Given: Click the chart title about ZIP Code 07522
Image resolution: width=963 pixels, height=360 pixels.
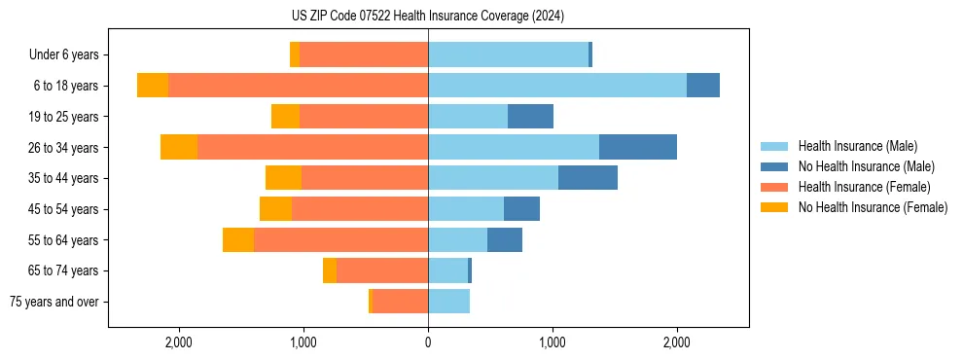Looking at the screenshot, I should [x=428, y=16].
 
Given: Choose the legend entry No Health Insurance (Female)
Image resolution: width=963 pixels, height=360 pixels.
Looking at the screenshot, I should [x=873, y=207].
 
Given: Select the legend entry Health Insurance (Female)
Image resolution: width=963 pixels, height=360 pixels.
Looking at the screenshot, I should [x=864, y=187].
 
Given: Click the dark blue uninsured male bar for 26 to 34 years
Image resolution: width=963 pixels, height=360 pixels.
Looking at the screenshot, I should [x=638, y=148].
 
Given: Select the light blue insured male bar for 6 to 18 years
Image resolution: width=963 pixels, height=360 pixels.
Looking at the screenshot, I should [x=557, y=86].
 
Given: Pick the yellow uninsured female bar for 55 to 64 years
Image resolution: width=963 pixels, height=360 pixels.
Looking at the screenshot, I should [x=238, y=240].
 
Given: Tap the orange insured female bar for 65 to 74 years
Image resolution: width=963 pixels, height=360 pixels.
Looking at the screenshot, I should [x=382, y=270].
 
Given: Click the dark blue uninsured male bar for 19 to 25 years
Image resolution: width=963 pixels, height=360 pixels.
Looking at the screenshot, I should [x=530, y=117].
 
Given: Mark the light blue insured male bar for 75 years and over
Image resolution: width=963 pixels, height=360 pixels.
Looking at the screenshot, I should [x=448, y=302].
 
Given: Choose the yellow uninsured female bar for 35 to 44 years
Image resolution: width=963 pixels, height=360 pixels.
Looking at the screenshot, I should [x=283, y=178].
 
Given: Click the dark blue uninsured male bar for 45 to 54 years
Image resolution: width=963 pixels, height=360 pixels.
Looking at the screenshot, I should [x=521, y=209].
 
